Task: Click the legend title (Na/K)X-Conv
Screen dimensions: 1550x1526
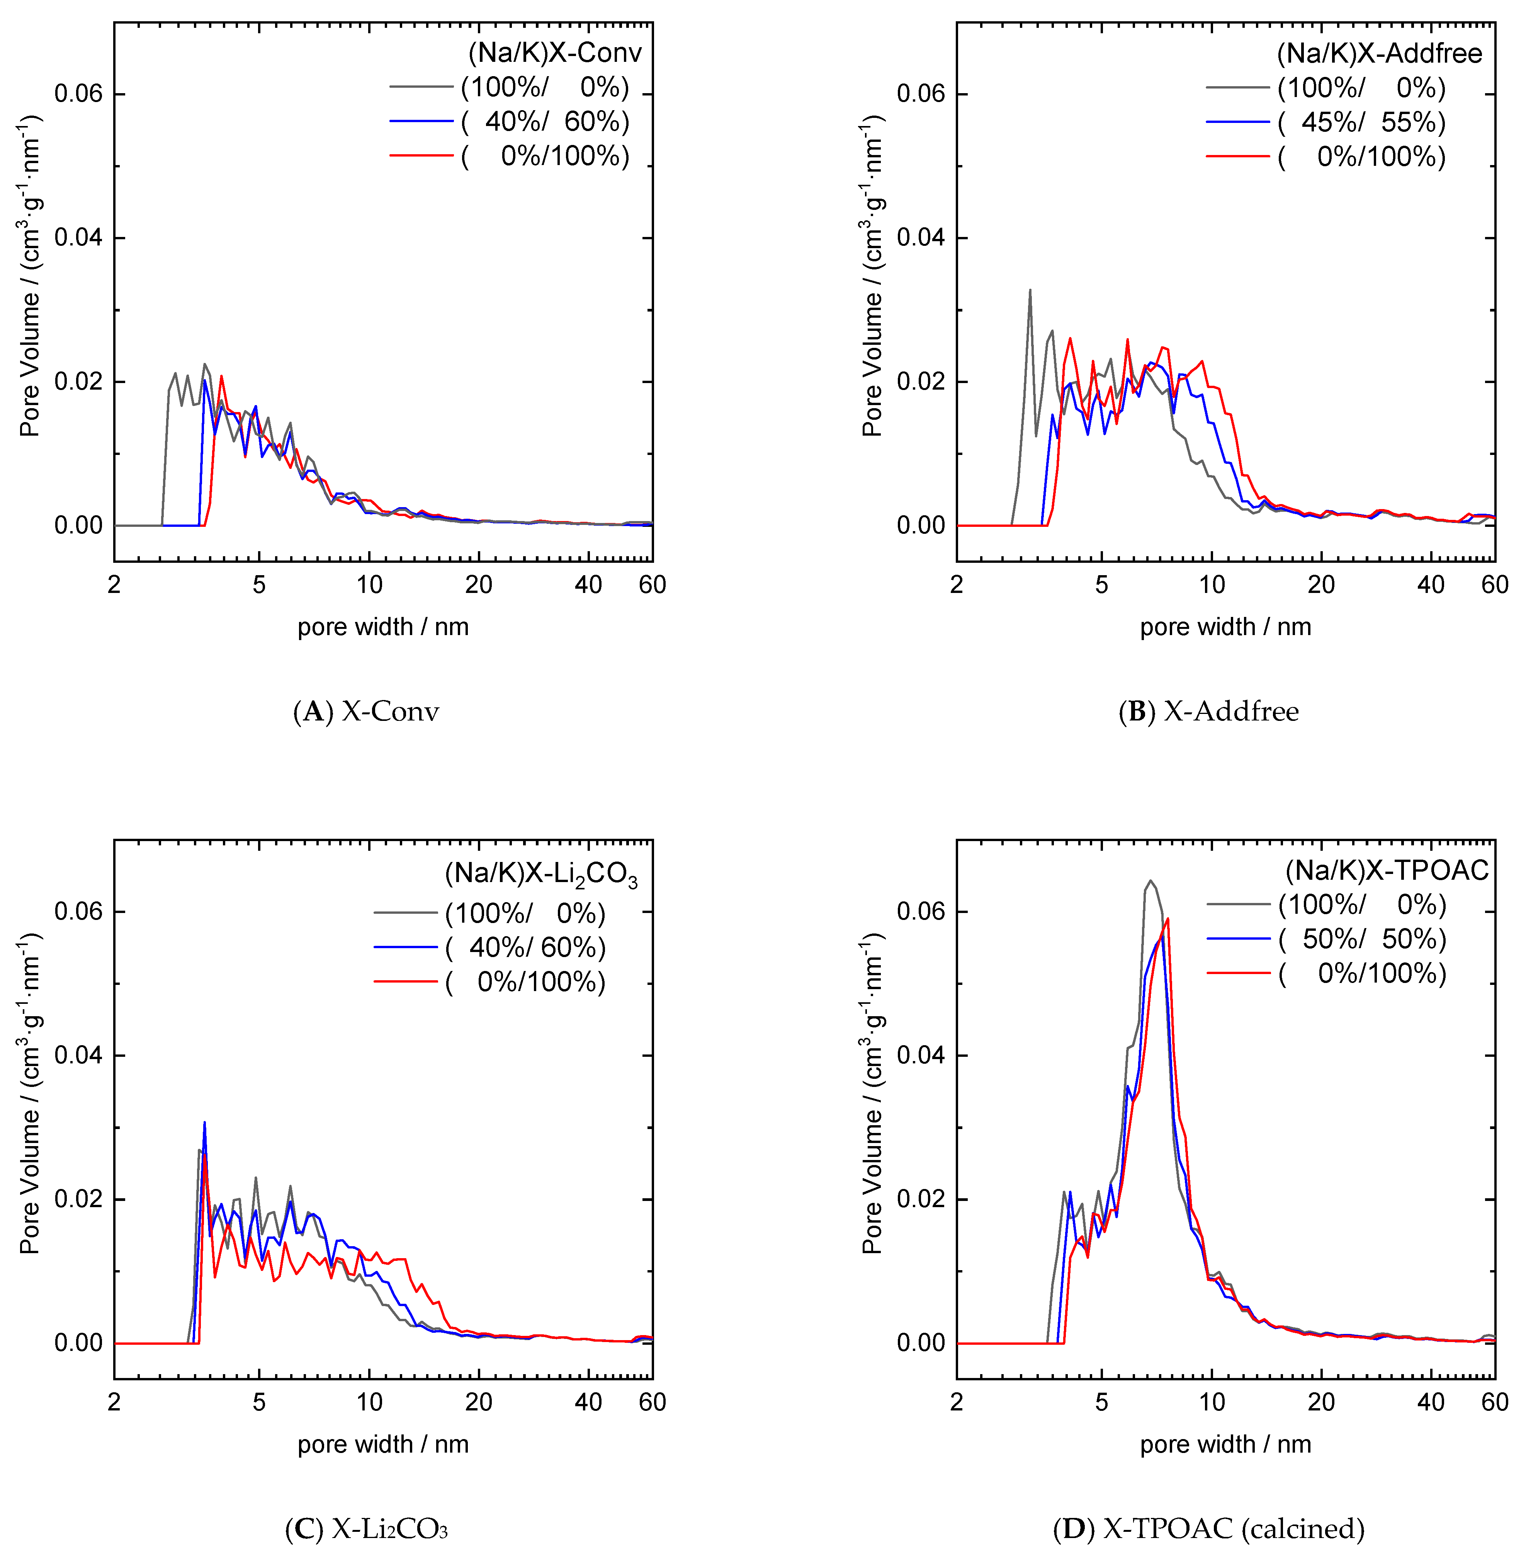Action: pos(555,53)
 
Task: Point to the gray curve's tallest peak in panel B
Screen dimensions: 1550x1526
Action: pos(1030,290)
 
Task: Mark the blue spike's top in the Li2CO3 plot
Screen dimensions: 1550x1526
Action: pos(204,1122)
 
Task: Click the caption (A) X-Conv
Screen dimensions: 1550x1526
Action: pos(366,711)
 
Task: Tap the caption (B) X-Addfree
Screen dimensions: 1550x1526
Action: pos(1208,711)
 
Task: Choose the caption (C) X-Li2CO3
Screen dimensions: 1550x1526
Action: pos(366,1529)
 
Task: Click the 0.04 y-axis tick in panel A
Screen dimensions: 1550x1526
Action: pos(78,238)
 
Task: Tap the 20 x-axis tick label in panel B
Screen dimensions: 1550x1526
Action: pos(1321,584)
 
